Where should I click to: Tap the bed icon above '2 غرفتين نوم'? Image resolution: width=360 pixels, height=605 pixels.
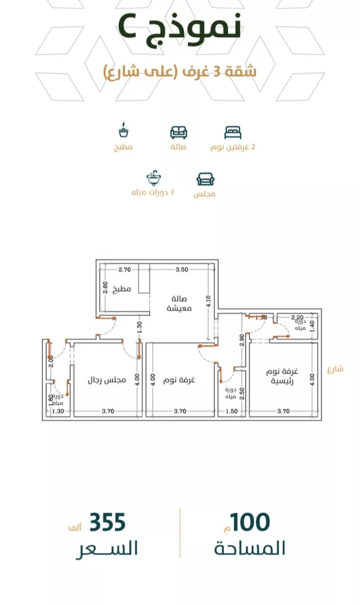(x=233, y=132)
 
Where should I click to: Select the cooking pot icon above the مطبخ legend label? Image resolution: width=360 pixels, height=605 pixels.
(x=124, y=130)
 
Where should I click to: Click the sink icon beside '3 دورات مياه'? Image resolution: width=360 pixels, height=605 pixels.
(x=154, y=178)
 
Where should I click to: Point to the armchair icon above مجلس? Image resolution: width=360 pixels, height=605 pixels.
(x=205, y=179)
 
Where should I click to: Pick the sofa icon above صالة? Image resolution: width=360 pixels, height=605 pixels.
(x=179, y=132)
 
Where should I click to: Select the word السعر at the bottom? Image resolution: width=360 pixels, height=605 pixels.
(x=107, y=548)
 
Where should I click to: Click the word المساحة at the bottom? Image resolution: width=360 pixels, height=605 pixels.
(x=250, y=548)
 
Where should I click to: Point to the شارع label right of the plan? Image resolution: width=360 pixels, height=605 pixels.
(x=336, y=369)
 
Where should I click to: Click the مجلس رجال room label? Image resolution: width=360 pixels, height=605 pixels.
(x=107, y=380)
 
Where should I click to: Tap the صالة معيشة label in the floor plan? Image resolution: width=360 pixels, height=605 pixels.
(x=180, y=303)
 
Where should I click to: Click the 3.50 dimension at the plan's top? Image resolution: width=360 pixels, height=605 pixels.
(x=181, y=270)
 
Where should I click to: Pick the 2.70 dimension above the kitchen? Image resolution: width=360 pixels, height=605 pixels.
(x=125, y=270)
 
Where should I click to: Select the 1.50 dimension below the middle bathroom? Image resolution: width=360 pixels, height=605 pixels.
(x=231, y=411)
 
